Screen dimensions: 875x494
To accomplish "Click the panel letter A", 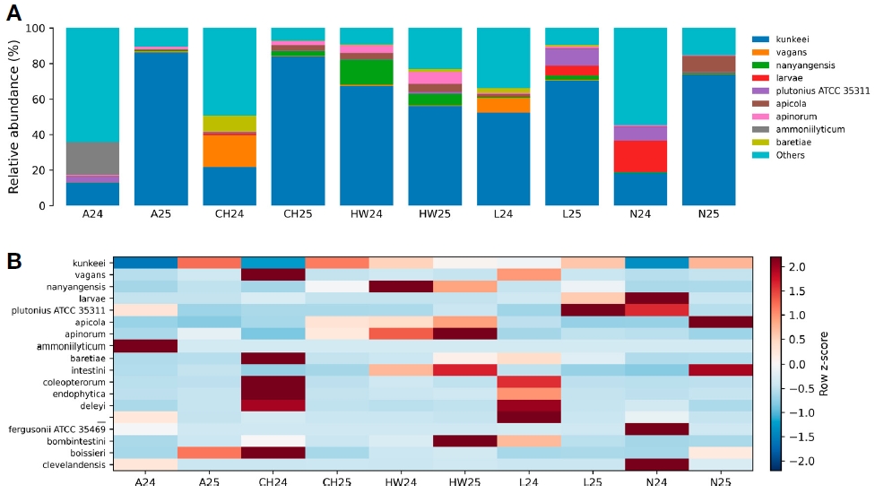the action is point(14,13).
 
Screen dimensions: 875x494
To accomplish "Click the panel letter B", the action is point(14,261).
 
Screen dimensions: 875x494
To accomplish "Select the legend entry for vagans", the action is point(779,52).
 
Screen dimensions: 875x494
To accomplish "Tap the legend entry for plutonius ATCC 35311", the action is point(810,91).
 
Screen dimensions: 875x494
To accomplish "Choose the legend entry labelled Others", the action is point(778,155).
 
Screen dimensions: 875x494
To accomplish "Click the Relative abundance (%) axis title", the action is point(13,117).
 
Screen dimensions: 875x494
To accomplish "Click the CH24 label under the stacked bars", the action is point(230,213).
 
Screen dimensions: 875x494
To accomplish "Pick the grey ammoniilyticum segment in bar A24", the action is point(92,159).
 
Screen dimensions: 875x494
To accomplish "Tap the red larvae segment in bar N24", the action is point(640,156).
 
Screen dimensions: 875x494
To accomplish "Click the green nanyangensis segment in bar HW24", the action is point(366,72).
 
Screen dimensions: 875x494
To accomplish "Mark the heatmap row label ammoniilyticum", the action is point(71,346).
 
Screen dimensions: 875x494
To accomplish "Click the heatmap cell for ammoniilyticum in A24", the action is point(145,346).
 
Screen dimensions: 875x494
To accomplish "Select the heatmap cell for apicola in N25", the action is point(721,323).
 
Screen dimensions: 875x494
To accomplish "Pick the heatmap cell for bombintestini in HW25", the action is point(464,441).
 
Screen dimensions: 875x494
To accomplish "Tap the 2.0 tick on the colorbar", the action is point(797,267).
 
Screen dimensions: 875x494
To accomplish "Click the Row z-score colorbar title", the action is point(824,364).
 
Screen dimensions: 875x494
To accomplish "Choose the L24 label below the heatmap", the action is point(528,481).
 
